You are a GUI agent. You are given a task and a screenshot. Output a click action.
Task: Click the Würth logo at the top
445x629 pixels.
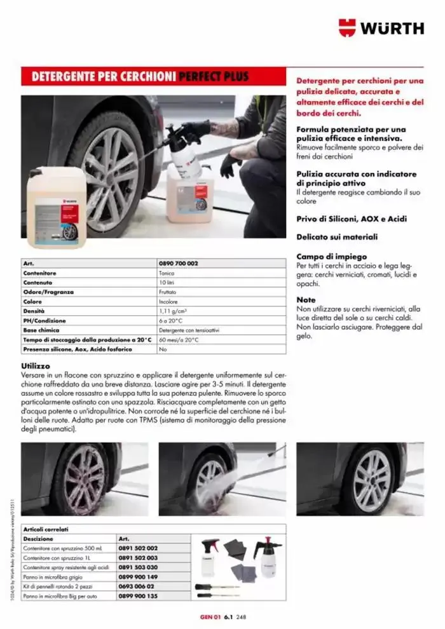(381, 28)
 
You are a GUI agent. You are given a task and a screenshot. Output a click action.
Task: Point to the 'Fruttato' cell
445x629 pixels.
(168, 292)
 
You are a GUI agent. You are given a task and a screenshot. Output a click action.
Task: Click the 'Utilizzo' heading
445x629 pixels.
(36, 367)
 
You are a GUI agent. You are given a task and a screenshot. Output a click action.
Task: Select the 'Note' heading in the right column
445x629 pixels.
(306, 299)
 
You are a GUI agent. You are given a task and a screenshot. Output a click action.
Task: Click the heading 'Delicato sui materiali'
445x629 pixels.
(337, 237)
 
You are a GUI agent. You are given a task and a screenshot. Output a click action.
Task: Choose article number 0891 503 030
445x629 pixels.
(138, 567)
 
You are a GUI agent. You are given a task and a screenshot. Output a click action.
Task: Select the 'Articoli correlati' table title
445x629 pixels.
(46, 529)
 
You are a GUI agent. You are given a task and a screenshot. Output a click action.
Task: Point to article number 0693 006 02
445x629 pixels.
(137, 586)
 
